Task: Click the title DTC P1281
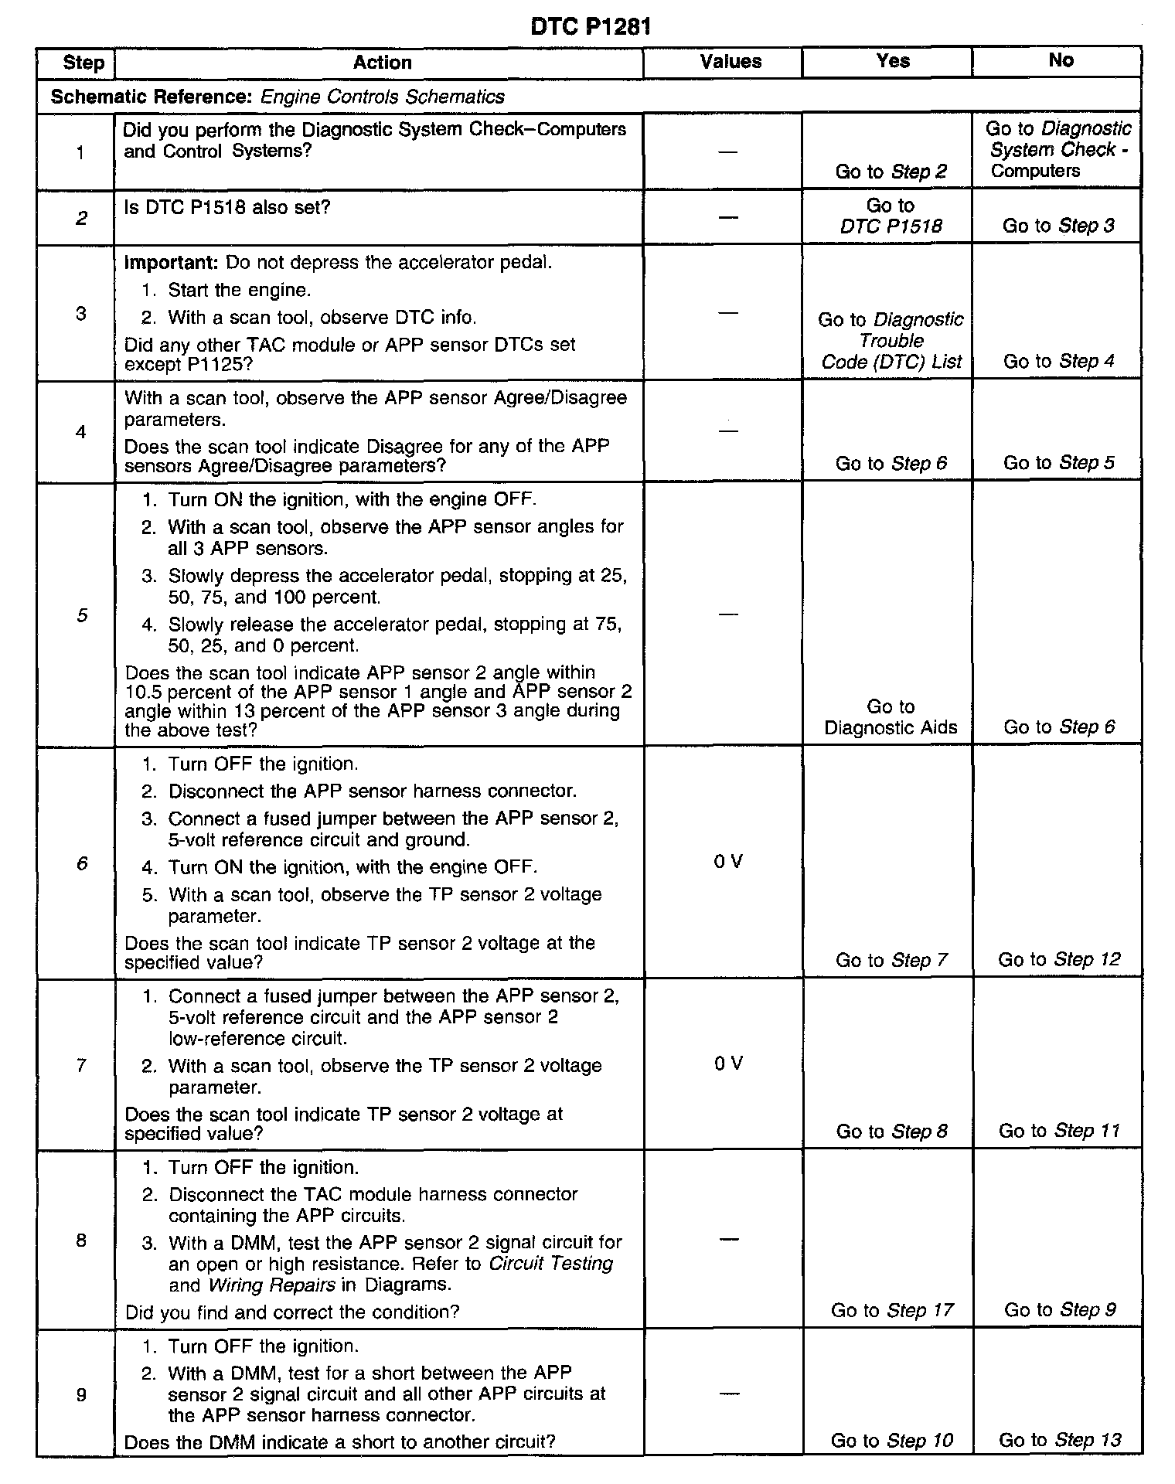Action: tap(591, 27)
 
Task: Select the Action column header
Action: tap(382, 63)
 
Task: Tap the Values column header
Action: tap(731, 62)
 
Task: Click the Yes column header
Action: tap(893, 61)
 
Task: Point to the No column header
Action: tap(1061, 60)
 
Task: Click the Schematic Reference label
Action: tap(152, 97)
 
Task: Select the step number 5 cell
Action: tap(81, 615)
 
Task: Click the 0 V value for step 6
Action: tap(728, 862)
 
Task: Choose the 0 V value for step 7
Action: tap(728, 1064)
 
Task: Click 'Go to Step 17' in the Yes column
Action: tap(892, 1310)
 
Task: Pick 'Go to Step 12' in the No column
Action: tap(1059, 959)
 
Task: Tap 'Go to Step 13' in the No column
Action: tap(1059, 1440)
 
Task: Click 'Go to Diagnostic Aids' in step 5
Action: tap(891, 717)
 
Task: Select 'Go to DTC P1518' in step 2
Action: tap(891, 216)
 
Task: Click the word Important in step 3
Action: tap(171, 262)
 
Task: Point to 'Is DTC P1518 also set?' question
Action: tap(226, 207)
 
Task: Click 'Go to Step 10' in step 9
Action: tap(892, 1441)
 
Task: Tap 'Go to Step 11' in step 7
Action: tap(1059, 1131)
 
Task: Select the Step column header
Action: tap(83, 63)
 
